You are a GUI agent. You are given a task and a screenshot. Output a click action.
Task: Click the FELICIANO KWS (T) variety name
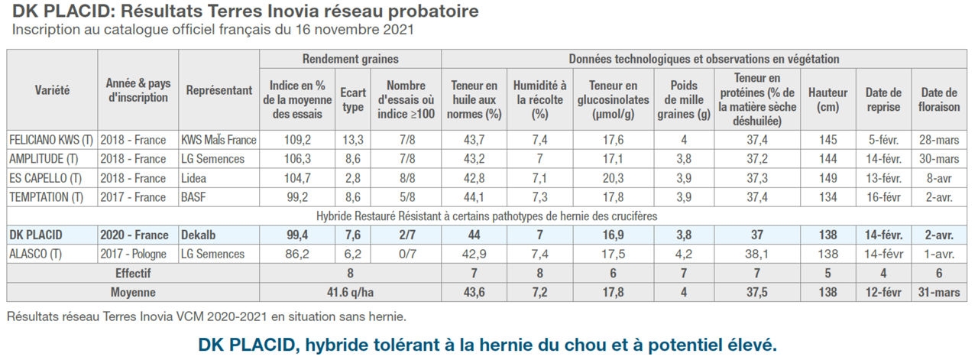coord(50,140)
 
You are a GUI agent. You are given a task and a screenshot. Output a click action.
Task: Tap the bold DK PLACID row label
coord(36,235)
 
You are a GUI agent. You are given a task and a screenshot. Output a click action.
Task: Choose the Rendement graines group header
coord(350,59)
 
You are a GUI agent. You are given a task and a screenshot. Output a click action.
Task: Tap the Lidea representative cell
coord(196,178)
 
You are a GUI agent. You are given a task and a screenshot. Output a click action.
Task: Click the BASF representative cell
coord(195,197)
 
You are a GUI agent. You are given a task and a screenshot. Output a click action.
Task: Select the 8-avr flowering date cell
coord(938,178)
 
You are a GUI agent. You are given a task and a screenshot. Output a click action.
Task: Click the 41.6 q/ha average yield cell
coord(350,292)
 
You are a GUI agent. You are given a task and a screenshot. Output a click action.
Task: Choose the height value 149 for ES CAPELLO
coord(827,178)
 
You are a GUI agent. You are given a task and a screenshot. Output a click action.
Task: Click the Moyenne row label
coord(134,292)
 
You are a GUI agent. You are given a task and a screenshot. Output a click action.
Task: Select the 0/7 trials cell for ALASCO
coord(405,254)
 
